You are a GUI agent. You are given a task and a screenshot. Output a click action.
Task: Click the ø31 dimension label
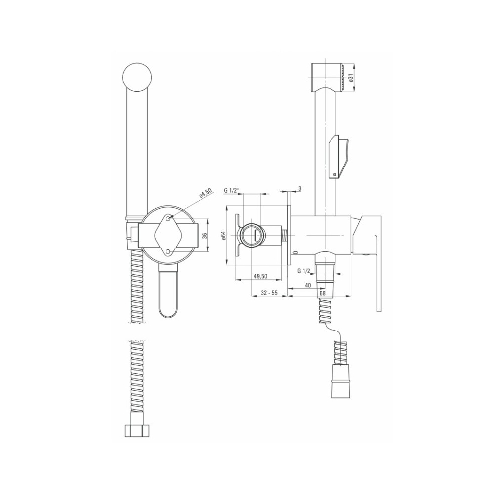(351, 78)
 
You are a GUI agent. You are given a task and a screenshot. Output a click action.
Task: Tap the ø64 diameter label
(223, 236)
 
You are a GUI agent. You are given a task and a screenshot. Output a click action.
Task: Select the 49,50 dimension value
(260, 276)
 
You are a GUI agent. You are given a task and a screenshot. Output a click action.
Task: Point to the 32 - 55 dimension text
(269, 293)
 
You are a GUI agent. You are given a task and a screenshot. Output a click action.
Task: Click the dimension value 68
(323, 293)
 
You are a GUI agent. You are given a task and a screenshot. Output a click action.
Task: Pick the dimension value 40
(308, 285)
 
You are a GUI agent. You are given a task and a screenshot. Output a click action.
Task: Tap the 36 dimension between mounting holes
(205, 236)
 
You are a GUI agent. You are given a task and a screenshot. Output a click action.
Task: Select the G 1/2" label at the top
(232, 190)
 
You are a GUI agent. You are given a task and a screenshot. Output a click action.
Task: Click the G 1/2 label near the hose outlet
(306, 271)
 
